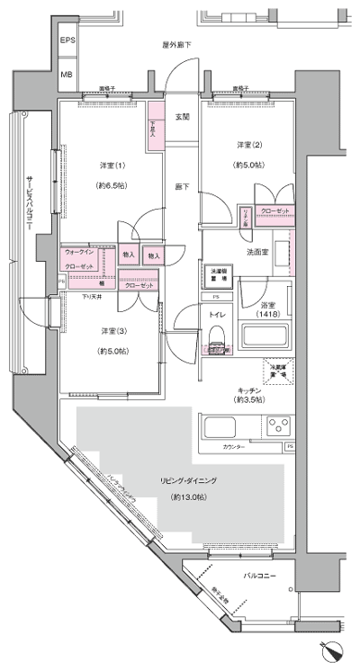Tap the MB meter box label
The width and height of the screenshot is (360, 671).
pos(67,76)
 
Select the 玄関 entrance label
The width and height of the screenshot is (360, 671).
pos(182,117)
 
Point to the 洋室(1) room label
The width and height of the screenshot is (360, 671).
pos(112,165)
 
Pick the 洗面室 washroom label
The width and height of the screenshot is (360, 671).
pos(258,252)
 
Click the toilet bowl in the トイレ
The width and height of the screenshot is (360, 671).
pos(217,337)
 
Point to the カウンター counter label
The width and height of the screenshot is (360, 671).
pos(236,446)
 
